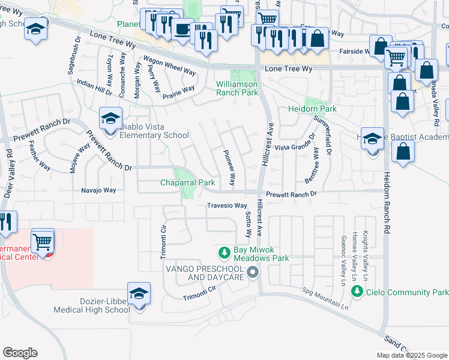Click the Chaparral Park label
187,182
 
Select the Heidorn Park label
312,109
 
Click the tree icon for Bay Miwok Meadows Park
224,253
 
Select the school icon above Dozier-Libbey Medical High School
139,293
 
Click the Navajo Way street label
98,190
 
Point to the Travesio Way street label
227,205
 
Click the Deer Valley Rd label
8,178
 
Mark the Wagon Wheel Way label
168,66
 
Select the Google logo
20,353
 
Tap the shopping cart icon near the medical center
43,242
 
